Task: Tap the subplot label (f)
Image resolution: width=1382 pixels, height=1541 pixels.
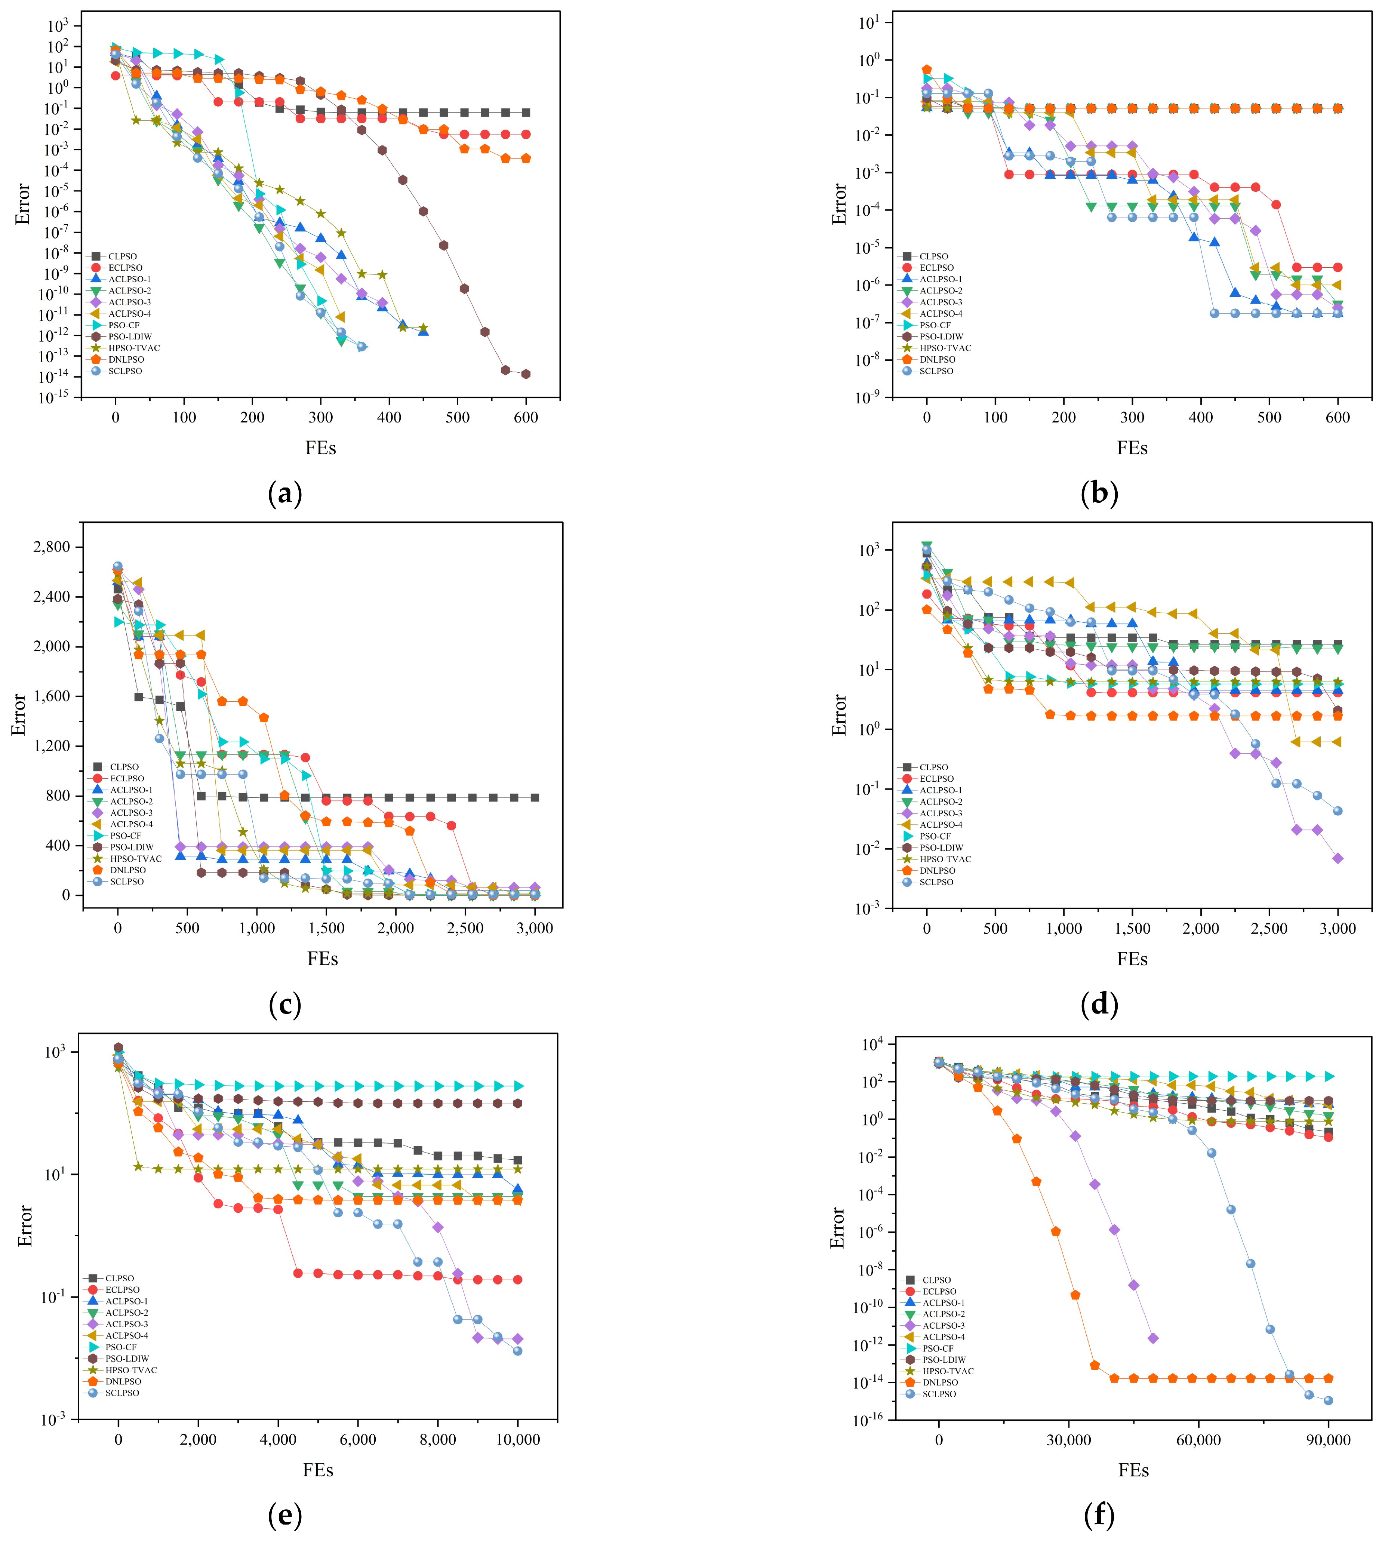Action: [x=1099, y=1516]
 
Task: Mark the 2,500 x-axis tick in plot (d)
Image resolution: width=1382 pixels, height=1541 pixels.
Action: [x=1269, y=928]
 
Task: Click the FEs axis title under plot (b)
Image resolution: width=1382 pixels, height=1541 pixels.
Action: [x=1132, y=448]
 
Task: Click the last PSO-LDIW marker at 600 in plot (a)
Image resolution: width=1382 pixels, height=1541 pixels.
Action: [x=526, y=374]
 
